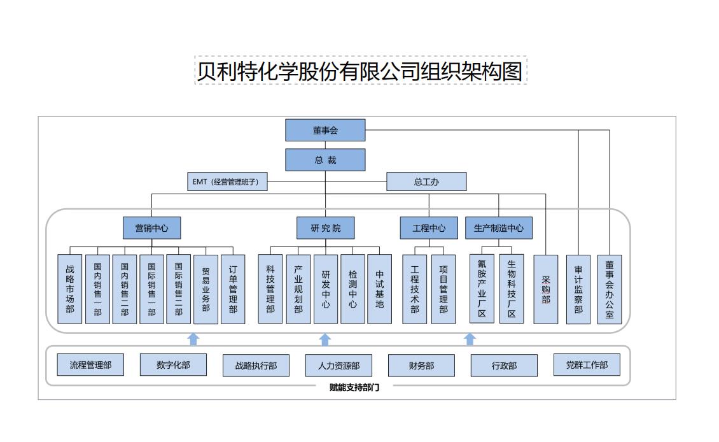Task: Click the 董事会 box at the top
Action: pyautogui.click(x=325, y=131)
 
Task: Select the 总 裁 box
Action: pyautogui.click(x=325, y=160)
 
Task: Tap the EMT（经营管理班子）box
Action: pyautogui.click(x=227, y=182)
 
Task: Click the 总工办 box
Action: pyautogui.click(x=426, y=182)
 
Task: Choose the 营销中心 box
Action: pyautogui.click(x=151, y=228)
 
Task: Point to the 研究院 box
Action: pyautogui.click(x=325, y=228)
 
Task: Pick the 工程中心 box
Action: pyautogui.click(x=429, y=228)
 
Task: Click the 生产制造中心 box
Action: pyautogui.click(x=499, y=228)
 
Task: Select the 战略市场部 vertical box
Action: pyautogui.click(x=70, y=289)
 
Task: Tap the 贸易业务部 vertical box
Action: pyautogui.click(x=206, y=289)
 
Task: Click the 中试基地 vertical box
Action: pyautogui.click(x=380, y=289)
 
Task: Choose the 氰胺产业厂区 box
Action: pyautogui.click(x=482, y=289)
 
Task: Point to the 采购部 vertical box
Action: pyautogui.click(x=545, y=289)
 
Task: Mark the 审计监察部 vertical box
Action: pyautogui.click(x=578, y=289)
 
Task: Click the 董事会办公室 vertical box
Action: pyautogui.click(x=610, y=289)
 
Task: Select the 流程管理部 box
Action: pyautogui.click(x=90, y=365)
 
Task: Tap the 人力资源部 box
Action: pyautogui.click(x=339, y=366)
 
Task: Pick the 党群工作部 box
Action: pyautogui.click(x=587, y=365)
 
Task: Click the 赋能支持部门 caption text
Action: pyautogui.click(x=354, y=387)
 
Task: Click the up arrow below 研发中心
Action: pyautogui.click(x=325, y=339)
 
